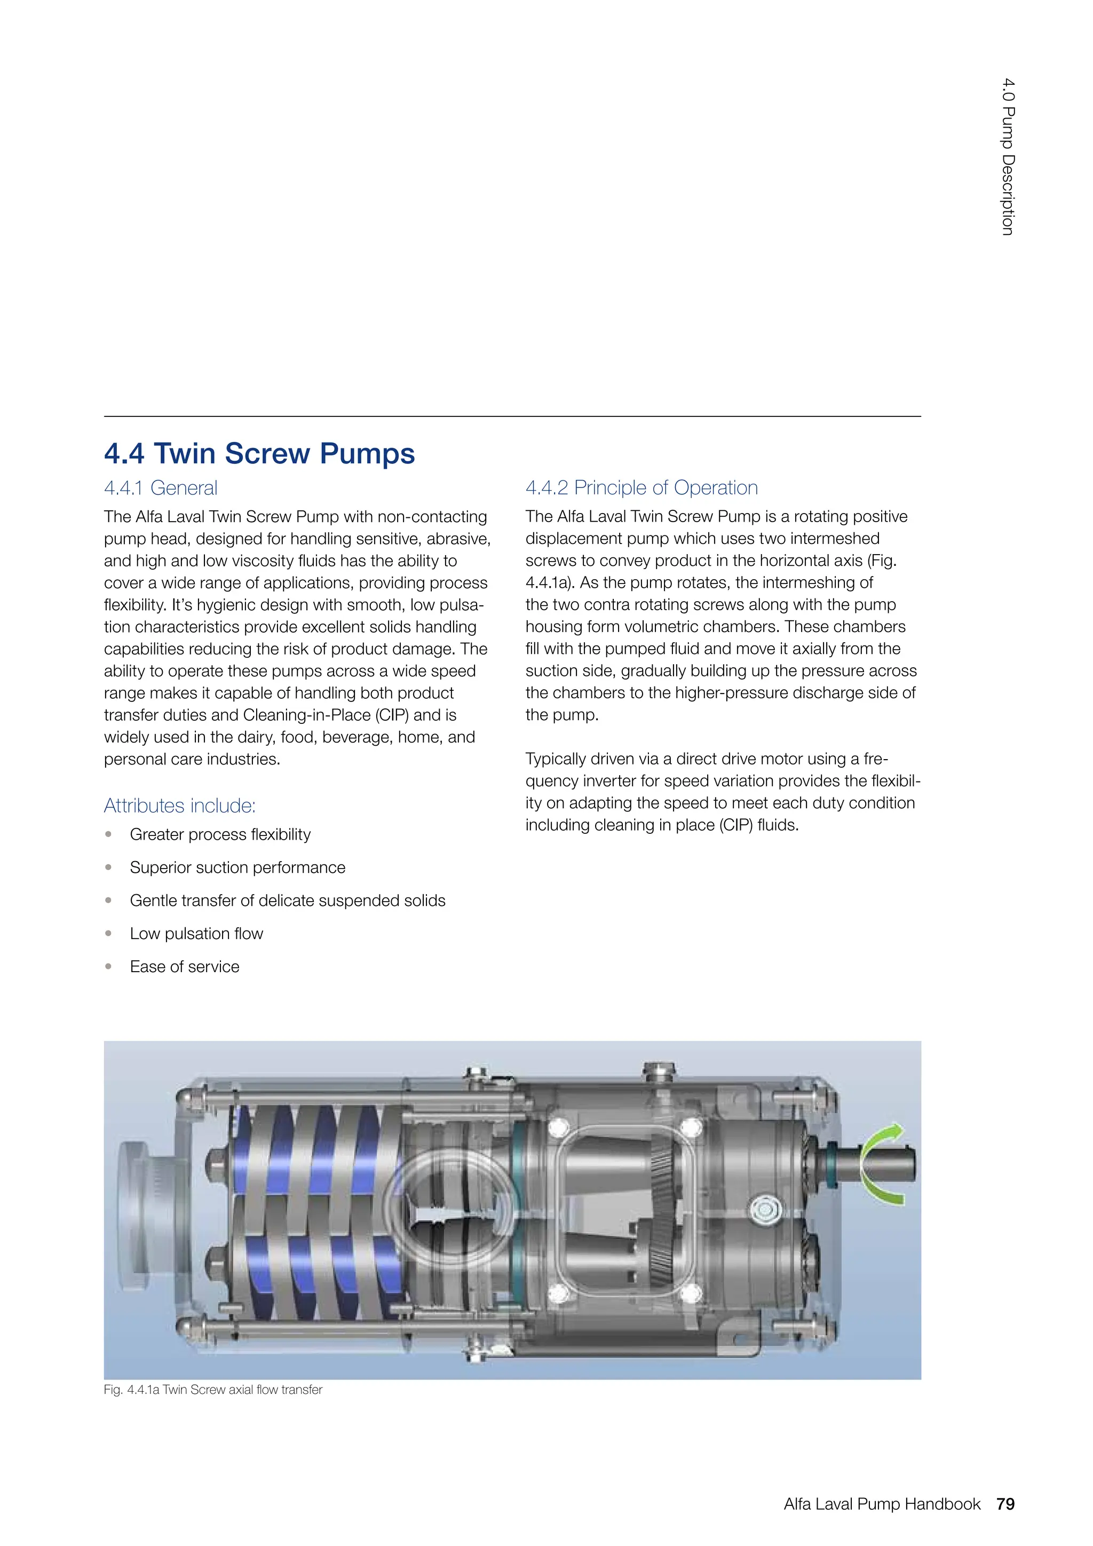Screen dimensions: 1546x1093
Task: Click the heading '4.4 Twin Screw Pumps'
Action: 259,453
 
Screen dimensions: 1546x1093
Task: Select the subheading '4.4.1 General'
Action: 160,487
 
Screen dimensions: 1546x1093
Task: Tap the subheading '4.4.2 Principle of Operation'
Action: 641,487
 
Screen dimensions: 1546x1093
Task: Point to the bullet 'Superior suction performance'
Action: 237,867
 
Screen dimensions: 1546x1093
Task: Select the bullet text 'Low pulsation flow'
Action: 196,933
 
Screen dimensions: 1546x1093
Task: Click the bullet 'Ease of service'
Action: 185,966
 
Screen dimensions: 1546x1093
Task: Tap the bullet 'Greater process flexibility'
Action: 220,834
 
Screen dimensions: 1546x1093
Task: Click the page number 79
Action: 1005,1504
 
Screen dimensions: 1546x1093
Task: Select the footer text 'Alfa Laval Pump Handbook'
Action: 881,1504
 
